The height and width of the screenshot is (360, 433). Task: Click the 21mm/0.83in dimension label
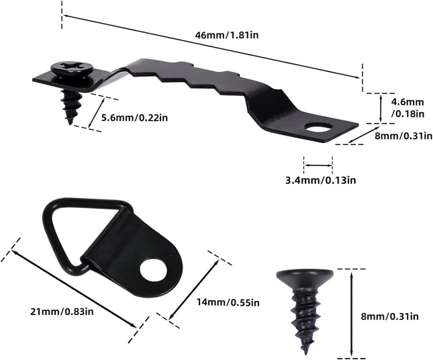pos(61,310)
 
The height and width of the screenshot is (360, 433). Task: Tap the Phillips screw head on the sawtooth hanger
pos(70,68)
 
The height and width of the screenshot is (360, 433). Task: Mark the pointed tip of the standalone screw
pos(305,350)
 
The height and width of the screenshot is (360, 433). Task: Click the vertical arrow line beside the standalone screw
pos(352,313)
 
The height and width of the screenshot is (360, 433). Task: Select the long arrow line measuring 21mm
pos(74,289)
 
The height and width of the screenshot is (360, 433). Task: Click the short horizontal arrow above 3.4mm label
pos(318,164)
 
